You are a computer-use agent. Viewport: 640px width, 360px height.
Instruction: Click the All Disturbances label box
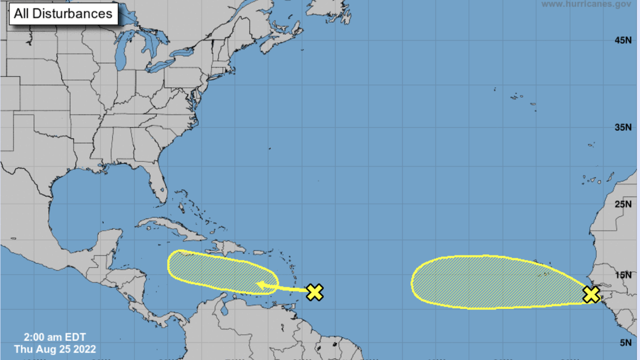(x=63, y=13)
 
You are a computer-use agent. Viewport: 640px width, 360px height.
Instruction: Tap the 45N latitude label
(x=623, y=40)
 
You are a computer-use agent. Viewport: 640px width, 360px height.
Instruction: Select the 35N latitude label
(x=623, y=127)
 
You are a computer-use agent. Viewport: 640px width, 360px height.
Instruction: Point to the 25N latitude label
(x=623, y=204)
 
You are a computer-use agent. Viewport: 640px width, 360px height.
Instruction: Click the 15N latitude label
(x=623, y=275)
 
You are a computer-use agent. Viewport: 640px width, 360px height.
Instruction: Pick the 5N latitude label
(x=625, y=343)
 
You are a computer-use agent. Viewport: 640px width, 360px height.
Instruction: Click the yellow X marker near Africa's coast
(x=591, y=294)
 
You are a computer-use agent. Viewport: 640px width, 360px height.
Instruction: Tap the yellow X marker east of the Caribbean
(x=315, y=292)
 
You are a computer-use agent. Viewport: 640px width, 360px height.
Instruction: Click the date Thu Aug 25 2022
(x=55, y=349)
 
